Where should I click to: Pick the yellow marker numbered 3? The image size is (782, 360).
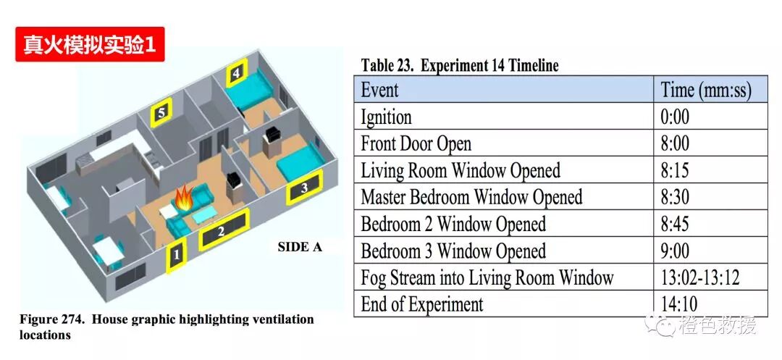(304, 190)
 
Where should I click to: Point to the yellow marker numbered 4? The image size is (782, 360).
(236, 75)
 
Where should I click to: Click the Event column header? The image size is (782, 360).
(380, 91)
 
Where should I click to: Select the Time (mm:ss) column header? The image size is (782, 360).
(706, 91)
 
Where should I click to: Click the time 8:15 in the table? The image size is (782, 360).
(675, 171)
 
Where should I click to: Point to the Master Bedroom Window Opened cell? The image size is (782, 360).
(471, 197)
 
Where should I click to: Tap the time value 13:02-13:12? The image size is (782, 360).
(699, 277)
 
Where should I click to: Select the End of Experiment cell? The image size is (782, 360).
(422, 304)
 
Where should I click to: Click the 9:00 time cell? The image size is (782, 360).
(675, 251)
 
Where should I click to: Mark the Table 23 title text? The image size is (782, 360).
(460, 66)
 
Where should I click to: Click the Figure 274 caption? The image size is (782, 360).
(167, 327)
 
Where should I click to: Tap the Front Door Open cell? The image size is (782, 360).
(416, 144)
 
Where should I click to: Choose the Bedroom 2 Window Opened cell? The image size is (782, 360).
(453, 224)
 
